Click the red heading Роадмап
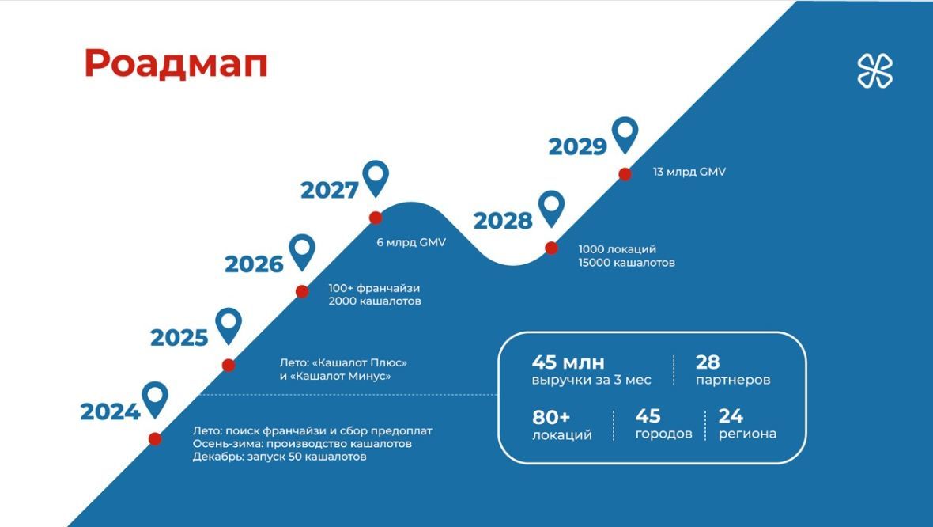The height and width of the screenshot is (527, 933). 176,64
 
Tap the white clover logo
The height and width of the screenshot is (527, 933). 874,70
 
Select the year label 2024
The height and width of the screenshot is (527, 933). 110,411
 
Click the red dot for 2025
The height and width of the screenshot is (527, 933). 229,365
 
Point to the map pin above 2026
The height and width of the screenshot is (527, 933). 302,252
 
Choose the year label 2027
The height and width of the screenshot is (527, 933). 330,191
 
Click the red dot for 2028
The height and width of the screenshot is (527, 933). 552,248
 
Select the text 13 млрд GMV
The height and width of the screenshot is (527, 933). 689,172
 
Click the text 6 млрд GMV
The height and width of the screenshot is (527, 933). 410,242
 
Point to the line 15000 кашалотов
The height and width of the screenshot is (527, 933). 626,263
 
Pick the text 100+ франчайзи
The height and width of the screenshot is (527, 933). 374,288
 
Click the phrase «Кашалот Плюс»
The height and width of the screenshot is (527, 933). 360,362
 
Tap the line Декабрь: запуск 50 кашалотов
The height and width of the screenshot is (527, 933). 279,457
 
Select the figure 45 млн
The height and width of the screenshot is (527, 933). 568,362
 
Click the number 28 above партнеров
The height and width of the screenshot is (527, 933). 708,362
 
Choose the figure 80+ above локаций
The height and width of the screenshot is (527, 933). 551,417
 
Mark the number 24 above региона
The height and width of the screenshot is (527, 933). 731,415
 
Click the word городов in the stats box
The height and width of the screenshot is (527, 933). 663,434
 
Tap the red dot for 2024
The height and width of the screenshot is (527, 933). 155,439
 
